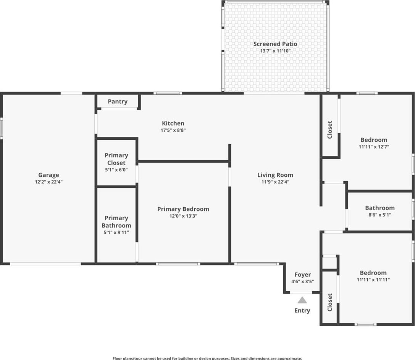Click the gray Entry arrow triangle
point(302,300)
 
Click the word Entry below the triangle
point(302,310)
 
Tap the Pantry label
point(118,102)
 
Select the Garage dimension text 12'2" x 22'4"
point(49,182)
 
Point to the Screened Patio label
point(275,44)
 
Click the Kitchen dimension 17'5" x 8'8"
point(173,130)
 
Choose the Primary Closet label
point(116,159)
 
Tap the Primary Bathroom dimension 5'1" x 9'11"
point(116,232)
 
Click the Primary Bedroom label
point(183,209)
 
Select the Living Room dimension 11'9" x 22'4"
point(275,182)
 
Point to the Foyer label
point(302,275)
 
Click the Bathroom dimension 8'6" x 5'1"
point(380,215)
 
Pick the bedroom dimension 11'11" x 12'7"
point(374,147)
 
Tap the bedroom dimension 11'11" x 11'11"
point(373,279)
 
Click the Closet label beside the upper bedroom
point(330,130)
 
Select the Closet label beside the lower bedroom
point(330,302)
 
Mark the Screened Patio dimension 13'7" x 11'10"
point(275,51)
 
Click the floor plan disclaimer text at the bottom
point(207,358)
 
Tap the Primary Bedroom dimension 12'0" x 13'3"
point(183,216)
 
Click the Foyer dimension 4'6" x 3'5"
point(302,281)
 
